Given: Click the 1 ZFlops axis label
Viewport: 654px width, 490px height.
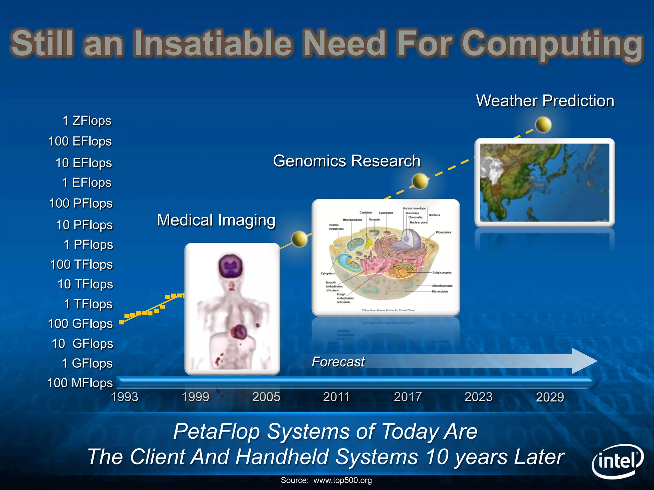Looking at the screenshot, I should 87,121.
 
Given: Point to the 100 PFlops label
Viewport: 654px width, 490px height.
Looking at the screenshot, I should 81,204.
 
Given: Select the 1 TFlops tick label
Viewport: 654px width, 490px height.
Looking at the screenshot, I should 88,304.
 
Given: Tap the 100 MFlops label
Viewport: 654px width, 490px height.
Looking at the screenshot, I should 80,383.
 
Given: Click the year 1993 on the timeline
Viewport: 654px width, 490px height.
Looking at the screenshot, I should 125,397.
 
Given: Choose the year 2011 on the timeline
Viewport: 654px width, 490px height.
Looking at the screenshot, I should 336,397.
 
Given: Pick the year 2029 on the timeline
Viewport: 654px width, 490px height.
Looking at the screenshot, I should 550,397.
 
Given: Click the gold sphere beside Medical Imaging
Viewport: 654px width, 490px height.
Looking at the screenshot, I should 300,239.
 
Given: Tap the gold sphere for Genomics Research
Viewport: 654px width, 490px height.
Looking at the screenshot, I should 420,181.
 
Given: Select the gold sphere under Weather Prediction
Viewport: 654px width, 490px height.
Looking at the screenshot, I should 543,124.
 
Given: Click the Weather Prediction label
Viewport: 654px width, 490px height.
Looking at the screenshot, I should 545,101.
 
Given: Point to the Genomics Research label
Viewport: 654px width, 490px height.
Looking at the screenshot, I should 347,161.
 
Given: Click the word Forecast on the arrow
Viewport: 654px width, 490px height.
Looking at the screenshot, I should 338,362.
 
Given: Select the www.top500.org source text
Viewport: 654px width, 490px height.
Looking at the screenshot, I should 342,480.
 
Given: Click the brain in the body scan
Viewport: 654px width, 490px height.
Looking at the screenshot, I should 230,266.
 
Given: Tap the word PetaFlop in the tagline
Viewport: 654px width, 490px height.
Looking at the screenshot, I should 217,431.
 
